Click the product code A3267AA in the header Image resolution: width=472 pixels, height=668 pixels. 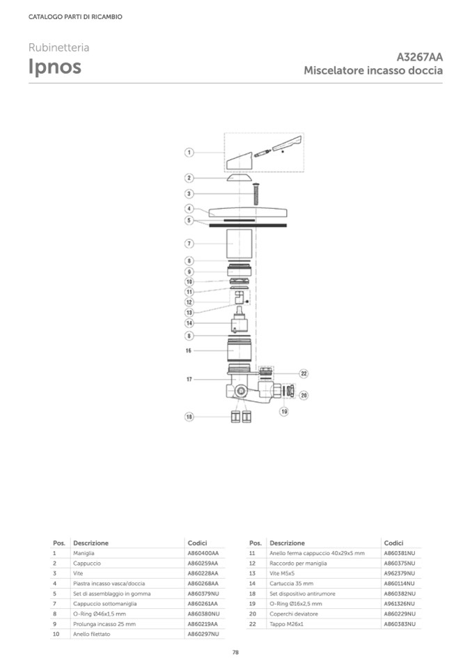click(419, 57)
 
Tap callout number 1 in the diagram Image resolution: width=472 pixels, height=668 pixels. click(189, 152)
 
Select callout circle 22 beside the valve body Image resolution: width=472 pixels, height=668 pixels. click(304, 373)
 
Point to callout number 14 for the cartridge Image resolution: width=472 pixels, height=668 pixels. click(189, 323)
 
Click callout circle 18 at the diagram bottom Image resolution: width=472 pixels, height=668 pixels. click(189, 417)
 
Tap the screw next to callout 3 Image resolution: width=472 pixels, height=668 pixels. click(255, 194)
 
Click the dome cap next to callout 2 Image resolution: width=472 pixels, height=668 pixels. click(239, 177)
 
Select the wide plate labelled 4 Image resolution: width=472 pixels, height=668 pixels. click(248, 212)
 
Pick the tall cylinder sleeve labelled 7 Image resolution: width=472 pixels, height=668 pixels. click(239, 244)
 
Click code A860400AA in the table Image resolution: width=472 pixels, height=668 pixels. click(203, 553)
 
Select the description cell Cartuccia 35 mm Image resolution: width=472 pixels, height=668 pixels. click(291, 583)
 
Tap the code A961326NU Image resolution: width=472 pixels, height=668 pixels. click(399, 604)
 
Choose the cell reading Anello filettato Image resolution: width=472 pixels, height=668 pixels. click(91, 634)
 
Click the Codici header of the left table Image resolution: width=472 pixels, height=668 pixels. click(197, 543)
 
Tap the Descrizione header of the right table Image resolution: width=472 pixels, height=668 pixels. click(288, 543)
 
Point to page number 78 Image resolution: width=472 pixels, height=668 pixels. click(236, 652)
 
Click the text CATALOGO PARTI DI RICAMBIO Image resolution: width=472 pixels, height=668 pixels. click(75, 17)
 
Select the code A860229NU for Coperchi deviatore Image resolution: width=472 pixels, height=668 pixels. click(399, 614)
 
